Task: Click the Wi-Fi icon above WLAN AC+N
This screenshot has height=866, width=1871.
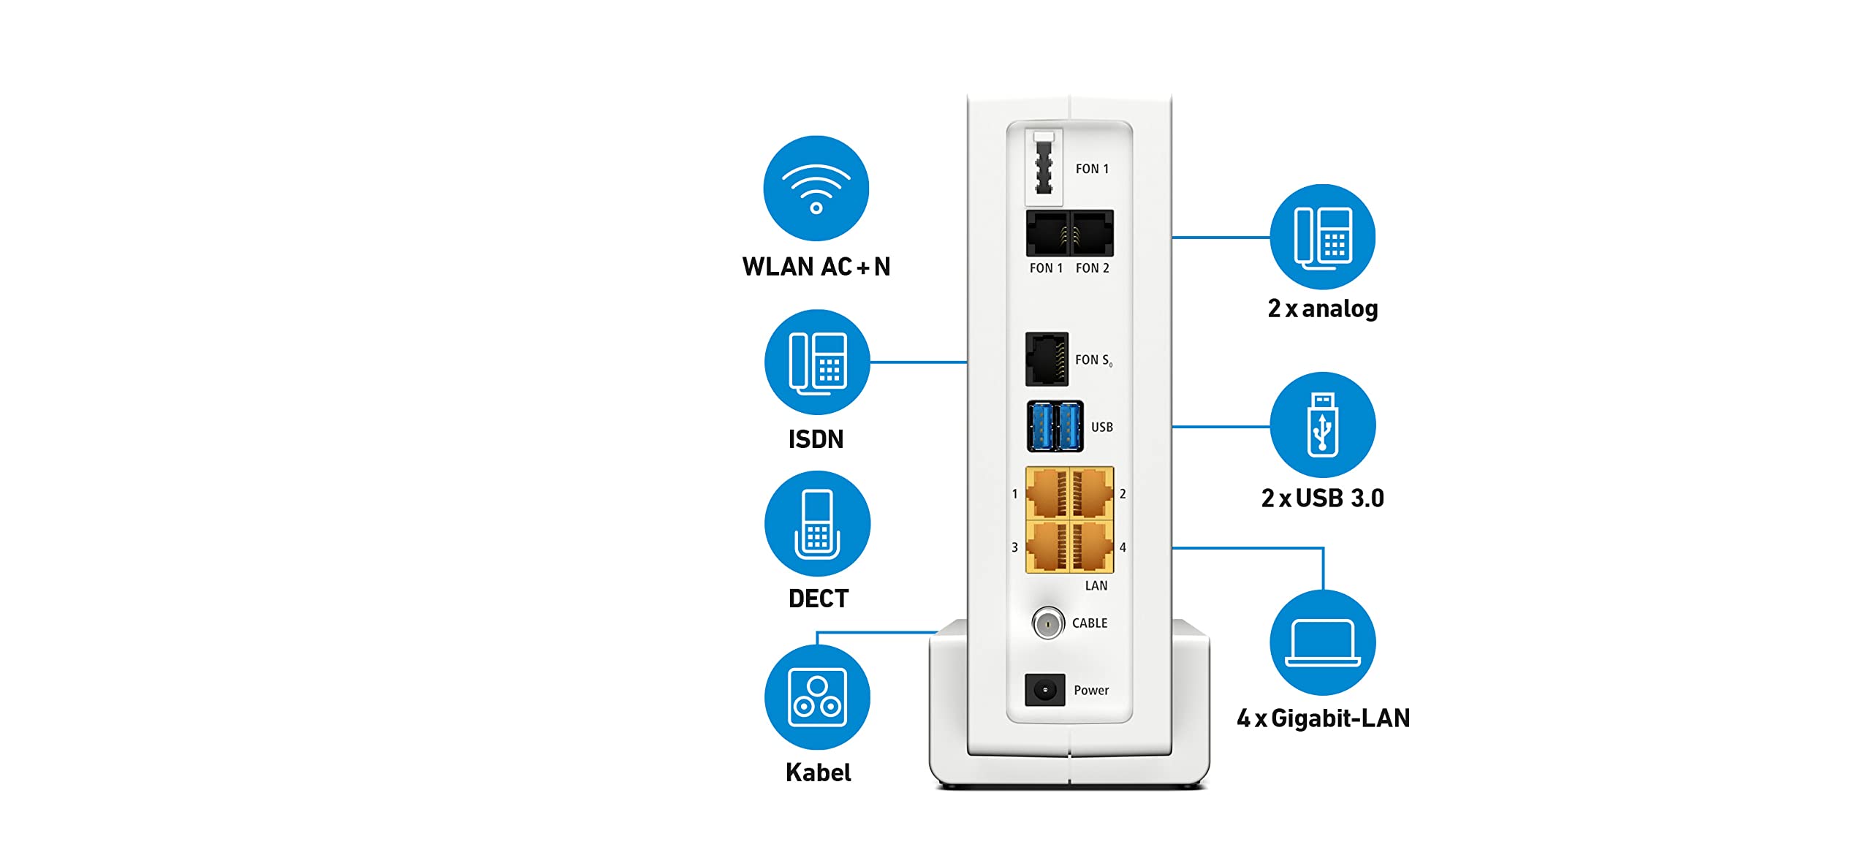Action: [816, 188]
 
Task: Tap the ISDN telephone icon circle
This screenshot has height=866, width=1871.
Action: [817, 362]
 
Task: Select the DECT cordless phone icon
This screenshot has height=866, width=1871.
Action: [817, 523]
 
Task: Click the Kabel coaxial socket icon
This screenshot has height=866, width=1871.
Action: [817, 697]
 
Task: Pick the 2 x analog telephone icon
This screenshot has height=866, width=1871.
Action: [1322, 237]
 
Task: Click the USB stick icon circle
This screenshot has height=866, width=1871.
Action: [1322, 425]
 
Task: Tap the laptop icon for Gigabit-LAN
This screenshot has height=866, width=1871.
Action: [1322, 642]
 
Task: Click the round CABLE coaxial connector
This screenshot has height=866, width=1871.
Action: [1048, 623]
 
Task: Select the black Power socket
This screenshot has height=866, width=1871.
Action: [1044, 690]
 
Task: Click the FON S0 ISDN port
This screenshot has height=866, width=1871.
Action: [1047, 359]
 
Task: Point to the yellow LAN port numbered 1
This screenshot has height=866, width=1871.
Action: [1048, 494]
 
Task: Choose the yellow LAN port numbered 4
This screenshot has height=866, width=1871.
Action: [1092, 547]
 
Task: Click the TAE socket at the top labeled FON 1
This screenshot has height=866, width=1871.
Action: [1044, 168]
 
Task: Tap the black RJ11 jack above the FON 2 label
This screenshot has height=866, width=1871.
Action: [1092, 233]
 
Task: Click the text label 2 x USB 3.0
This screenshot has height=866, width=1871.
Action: [1322, 498]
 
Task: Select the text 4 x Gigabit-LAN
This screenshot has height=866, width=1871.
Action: [1323, 718]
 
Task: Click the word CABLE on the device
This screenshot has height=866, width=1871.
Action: [1089, 623]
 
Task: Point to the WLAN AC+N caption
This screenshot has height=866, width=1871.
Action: [816, 267]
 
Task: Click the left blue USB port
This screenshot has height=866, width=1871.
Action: [1041, 427]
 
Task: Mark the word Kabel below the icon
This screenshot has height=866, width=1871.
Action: [818, 772]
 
